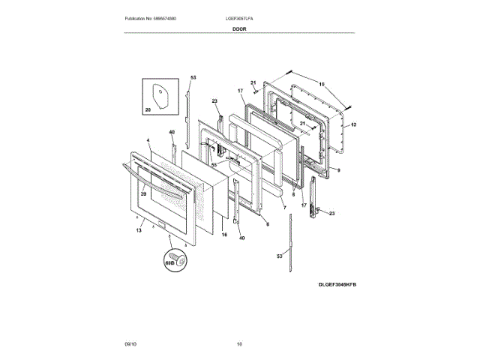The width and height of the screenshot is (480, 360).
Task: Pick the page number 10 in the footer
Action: [x=240, y=344]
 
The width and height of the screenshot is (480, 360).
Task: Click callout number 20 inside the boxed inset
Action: [x=148, y=110]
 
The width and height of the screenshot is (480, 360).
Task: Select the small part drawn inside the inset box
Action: [x=160, y=96]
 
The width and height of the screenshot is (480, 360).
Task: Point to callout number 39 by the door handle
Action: [x=143, y=194]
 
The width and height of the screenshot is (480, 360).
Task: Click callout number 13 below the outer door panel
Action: [x=139, y=231]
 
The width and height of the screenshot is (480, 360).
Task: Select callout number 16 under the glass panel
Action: [x=223, y=235]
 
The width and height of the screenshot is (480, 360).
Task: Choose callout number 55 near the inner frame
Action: [x=213, y=164]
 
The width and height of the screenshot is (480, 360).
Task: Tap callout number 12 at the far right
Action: [x=354, y=124]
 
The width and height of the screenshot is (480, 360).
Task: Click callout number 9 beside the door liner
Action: [x=338, y=170]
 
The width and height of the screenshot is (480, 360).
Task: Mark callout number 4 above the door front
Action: [x=148, y=140]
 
